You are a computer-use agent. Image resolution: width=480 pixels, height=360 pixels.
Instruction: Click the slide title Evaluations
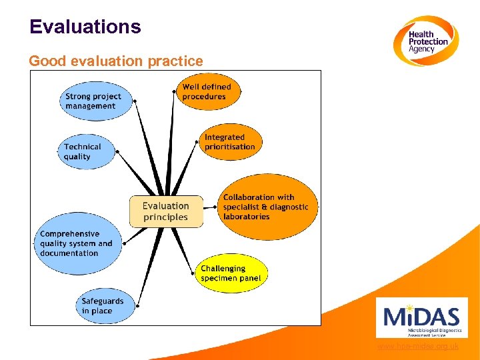click(85, 27)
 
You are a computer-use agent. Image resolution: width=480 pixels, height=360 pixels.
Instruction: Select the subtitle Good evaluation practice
click(116, 61)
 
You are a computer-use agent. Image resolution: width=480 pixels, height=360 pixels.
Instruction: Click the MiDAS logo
click(421, 318)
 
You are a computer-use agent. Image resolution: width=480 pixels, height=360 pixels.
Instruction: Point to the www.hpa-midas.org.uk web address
click(417, 347)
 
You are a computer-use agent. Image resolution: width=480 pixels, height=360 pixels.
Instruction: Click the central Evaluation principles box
click(166, 211)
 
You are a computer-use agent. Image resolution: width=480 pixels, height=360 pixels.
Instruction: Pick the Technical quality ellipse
click(85, 151)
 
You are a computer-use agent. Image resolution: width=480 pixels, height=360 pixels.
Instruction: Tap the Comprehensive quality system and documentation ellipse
click(78, 243)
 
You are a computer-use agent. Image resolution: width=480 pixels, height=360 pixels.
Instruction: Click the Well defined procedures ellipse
click(207, 92)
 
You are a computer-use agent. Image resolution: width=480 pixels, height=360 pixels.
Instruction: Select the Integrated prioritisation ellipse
click(230, 142)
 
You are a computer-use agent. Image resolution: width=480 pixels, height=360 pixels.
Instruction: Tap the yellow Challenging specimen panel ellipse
click(231, 273)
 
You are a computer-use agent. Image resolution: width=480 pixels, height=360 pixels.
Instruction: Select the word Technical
click(83, 147)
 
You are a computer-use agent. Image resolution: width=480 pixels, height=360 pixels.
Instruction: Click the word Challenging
click(223, 269)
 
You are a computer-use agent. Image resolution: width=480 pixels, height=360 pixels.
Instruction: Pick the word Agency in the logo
click(421, 49)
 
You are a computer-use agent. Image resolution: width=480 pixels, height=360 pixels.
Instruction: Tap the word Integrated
click(225, 137)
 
